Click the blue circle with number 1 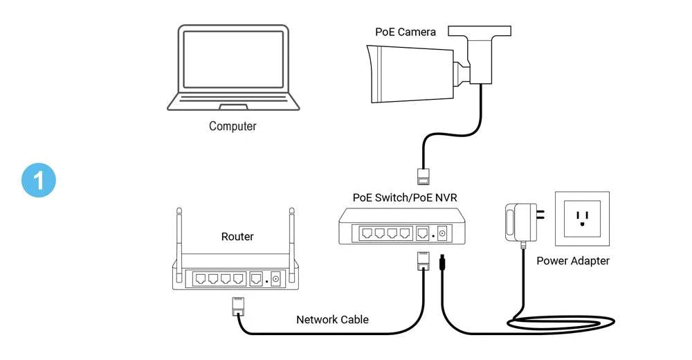point(39,181)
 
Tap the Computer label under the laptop point(233,127)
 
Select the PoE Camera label point(406,32)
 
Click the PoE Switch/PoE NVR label point(405,197)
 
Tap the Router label point(237,237)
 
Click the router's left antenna point(179,235)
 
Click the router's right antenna point(291,235)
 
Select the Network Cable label point(332,320)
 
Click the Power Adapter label point(573,261)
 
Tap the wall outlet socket point(581,218)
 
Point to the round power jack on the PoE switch point(441,234)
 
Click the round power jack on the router point(275,280)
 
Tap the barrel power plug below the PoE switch point(441,264)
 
